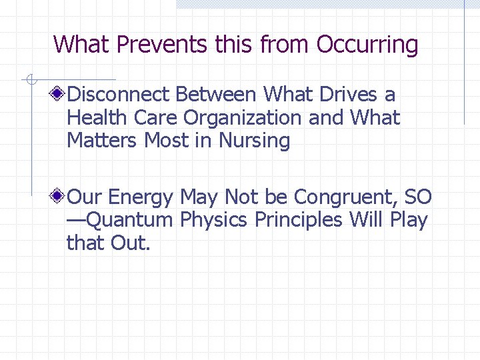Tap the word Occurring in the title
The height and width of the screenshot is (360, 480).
(367, 45)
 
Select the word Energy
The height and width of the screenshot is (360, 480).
(140, 198)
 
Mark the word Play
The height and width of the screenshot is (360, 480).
(409, 221)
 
